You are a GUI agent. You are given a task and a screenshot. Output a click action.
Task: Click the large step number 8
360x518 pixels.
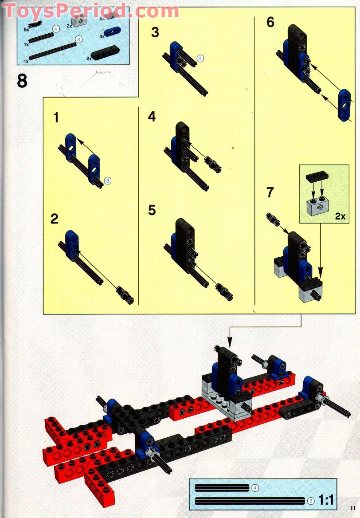pos(22,81)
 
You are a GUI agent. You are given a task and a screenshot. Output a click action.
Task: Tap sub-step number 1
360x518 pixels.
pos(56,118)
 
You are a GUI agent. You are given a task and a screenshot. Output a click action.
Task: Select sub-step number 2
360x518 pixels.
pos(55,219)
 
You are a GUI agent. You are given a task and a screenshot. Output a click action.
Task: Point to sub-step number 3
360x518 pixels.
pos(155,32)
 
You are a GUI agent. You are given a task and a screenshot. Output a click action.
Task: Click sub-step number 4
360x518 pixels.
pos(152,116)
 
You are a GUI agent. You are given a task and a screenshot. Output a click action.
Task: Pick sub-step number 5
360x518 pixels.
pos(152,210)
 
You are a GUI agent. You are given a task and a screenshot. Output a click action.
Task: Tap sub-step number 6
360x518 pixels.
pos(270,22)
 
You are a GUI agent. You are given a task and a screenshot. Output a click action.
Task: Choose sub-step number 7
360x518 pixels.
pos(270,192)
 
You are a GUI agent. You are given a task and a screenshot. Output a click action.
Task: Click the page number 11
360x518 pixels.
pos(353,508)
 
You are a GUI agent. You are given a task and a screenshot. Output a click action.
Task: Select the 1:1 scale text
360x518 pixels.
pos(326,500)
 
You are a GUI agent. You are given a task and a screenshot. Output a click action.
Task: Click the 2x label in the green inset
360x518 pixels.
pos(340,216)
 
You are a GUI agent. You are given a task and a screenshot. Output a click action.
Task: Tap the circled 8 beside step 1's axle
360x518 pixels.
pos(107,181)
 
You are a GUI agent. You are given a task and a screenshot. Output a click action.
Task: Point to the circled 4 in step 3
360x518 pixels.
pos(200,59)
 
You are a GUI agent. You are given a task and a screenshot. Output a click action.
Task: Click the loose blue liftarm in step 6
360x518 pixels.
pos(344,106)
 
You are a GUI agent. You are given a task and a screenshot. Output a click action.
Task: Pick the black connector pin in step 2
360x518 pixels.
pos(125,294)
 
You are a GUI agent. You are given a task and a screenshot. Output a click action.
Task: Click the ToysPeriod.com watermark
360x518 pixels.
pos(91,11)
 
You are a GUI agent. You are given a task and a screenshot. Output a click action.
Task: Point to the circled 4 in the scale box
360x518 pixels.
pos(254,487)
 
